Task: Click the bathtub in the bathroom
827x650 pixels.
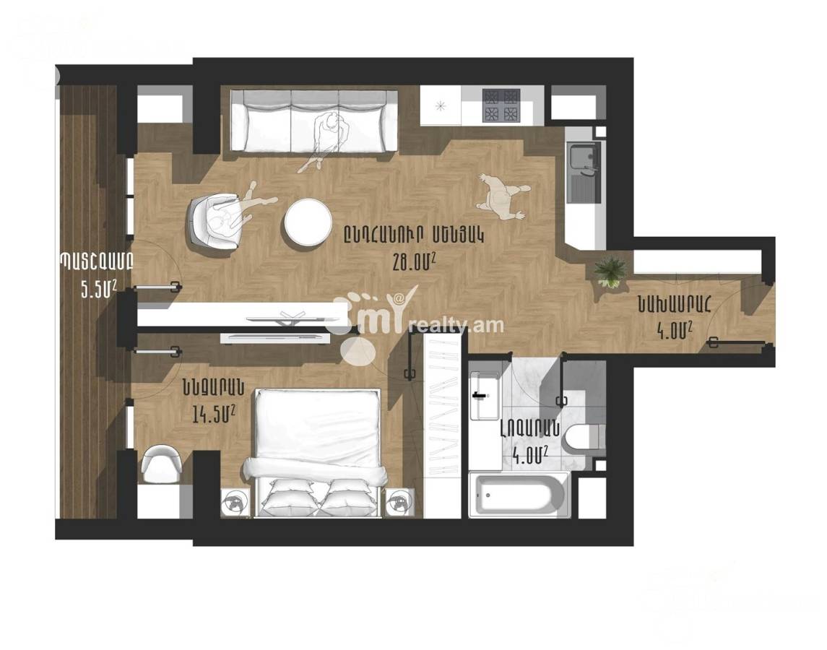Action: coord(519,495)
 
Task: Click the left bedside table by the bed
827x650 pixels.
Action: coord(235,500)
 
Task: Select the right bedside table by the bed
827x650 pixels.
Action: coord(400,500)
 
